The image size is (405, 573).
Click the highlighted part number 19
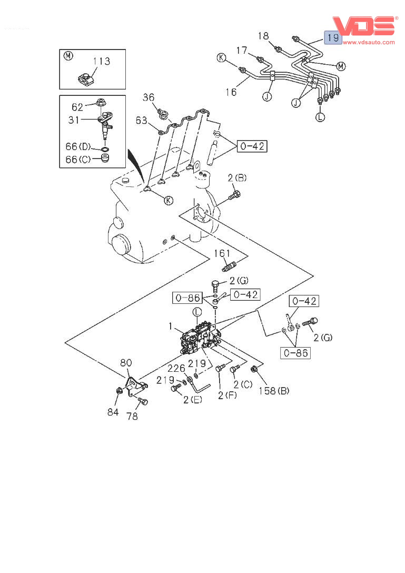pyautogui.click(x=332, y=38)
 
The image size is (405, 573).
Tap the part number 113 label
pyautogui.click(x=101, y=62)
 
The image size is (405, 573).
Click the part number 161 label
pyautogui.click(x=222, y=253)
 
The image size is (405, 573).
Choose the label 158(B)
pyautogui.click(x=274, y=391)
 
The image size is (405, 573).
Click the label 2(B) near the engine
pyautogui.click(x=237, y=178)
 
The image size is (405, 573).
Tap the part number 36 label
pyautogui.click(x=149, y=97)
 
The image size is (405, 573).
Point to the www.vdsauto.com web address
pyautogui.click(x=369, y=42)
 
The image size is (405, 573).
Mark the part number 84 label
pyautogui.click(x=113, y=412)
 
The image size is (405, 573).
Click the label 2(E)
pyautogui.click(x=192, y=401)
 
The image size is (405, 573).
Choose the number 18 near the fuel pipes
pyautogui.click(x=263, y=35)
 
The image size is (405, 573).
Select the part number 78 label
pyautogui.click(x=132, y=416)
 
